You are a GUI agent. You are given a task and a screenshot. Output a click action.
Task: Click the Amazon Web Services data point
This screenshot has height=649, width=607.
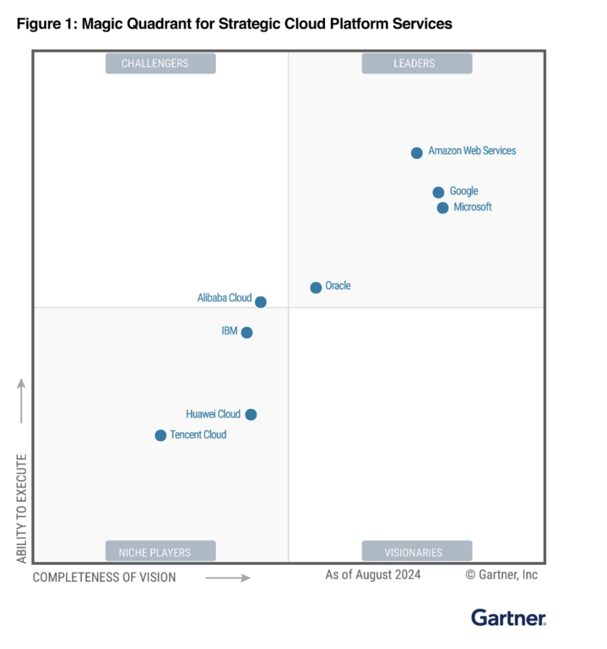[x=416, y=153]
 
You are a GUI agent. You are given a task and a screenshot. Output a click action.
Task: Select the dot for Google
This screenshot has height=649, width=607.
[x=438, y=192]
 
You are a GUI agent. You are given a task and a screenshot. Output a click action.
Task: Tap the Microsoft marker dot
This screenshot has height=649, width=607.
[x=443, y=208]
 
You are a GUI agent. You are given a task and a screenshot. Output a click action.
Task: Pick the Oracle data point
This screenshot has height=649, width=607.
[x=316, y=287]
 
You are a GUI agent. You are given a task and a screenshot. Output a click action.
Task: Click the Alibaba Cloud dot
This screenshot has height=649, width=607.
[x=261, y=302]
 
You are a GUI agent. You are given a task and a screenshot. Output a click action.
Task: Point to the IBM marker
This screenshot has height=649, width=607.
[x=247, y=332]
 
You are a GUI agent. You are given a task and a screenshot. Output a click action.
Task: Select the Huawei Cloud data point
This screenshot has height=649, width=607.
[x=251, y=414]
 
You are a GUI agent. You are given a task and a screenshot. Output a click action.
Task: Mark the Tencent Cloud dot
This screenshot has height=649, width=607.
[x=161, y=435]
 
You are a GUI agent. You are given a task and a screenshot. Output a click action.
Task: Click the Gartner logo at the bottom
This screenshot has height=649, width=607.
[x=508, y=618]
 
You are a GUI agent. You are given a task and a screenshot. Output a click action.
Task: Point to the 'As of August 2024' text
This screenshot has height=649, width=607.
[x=373, y=575]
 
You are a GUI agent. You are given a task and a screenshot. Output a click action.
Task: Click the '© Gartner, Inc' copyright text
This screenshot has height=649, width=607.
[x=501, y=575]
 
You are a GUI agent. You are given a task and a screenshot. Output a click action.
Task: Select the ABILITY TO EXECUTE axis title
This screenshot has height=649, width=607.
[x=21, y=508]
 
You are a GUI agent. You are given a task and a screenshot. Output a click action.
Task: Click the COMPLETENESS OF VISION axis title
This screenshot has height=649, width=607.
[x=104, y=578]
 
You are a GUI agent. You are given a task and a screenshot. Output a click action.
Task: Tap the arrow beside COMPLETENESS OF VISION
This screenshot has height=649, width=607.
[x=228, y=578]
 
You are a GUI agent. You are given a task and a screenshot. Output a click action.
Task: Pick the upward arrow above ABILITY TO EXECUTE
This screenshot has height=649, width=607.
[x=21, y=400]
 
